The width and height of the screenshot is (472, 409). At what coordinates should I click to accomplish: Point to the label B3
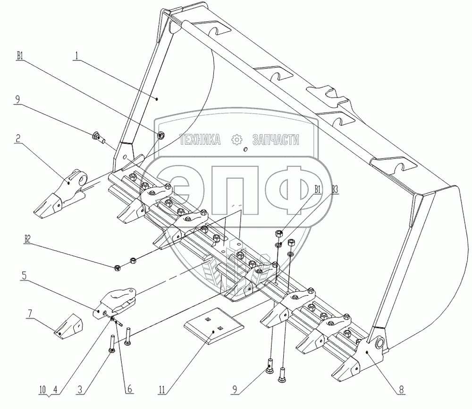pos(335,190)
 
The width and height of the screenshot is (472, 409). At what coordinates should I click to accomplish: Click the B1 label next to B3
pos(318,190)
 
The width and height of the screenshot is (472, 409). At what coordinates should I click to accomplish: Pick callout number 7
pos(30,313)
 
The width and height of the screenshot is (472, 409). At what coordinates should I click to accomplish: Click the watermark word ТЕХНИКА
pos(201,139)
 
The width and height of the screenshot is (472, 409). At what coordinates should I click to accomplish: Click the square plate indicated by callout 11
pos(213,327)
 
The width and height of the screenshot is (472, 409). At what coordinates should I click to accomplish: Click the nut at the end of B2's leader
pos(117,268)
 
